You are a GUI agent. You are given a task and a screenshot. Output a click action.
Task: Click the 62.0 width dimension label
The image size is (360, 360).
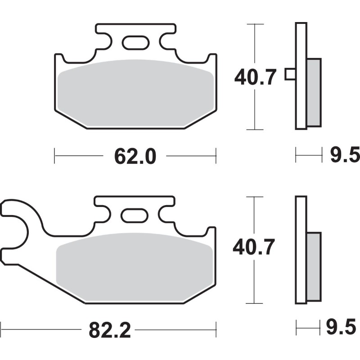(135, 156)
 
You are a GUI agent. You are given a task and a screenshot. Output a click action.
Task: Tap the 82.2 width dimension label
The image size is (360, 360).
(109, 330)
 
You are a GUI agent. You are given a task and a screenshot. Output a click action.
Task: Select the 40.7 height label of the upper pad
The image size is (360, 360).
(255, 77)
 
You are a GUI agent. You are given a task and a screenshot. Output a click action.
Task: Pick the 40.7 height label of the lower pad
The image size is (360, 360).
(254, 247)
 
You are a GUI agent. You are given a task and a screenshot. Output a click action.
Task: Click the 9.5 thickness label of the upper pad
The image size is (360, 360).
(345, 155)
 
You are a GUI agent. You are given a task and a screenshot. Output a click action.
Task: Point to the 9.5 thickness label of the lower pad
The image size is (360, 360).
(341, 326)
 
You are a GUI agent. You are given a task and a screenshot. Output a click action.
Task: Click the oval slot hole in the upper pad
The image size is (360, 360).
(136, 43)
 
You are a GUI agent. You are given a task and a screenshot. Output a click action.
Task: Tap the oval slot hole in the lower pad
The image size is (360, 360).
(135, 216)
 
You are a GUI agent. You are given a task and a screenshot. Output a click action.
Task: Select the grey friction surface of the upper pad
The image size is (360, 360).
(136, 93)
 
